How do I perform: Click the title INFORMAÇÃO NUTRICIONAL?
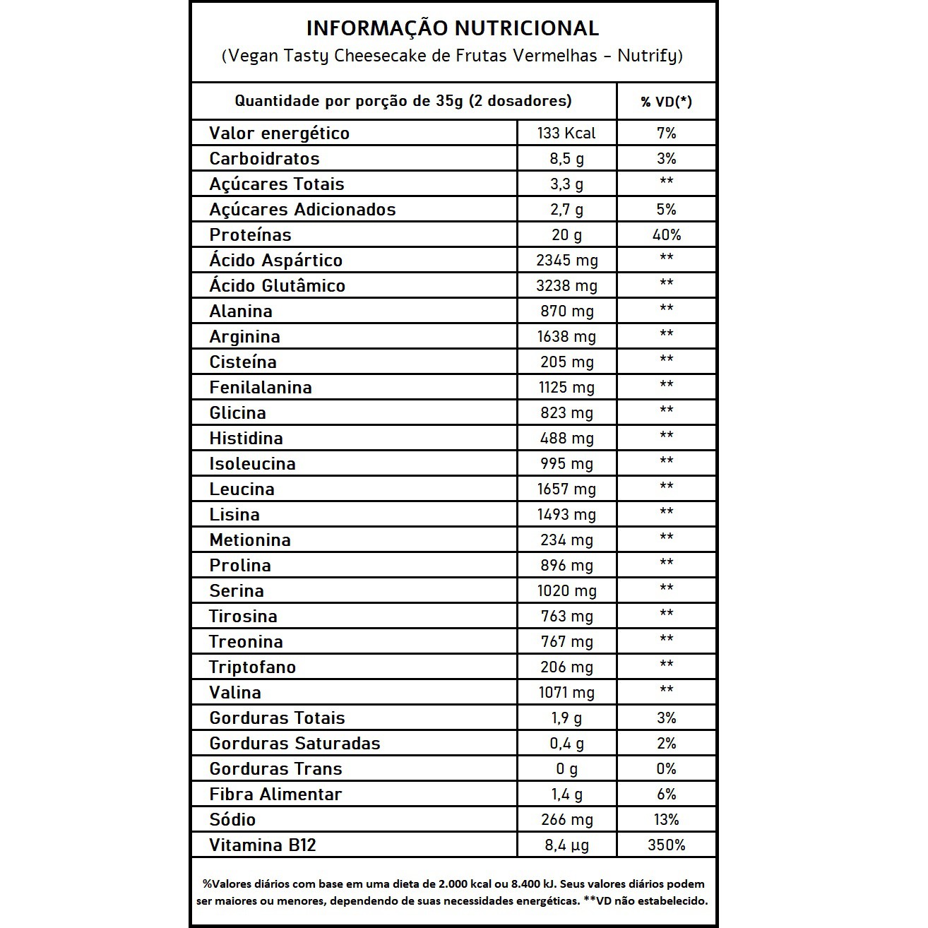click(452, 28)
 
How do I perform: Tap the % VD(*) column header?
click(666, 102)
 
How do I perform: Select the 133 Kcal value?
click(566, 133)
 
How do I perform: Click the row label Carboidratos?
click(264, 159)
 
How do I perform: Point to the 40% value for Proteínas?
click(666, 235)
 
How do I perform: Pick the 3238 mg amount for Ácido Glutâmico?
click(566, 286)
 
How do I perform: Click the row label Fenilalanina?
click(260, 388)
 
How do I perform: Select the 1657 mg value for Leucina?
click(566, 489)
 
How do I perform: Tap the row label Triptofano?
click(252, 667)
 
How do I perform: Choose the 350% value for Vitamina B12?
click(666, 845)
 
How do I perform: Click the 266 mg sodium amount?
click(566, 820)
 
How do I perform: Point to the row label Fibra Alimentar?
click(275, 795)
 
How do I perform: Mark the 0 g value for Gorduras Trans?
click(566, 769)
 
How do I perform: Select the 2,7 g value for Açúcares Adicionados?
click(566, 210)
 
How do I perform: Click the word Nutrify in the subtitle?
click(647, 56)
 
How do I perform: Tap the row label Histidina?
click(246, 439)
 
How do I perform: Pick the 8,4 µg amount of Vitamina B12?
click(566, 845)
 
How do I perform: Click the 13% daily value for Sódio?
click(666, 820)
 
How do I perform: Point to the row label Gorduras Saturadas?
click(295, 744)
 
